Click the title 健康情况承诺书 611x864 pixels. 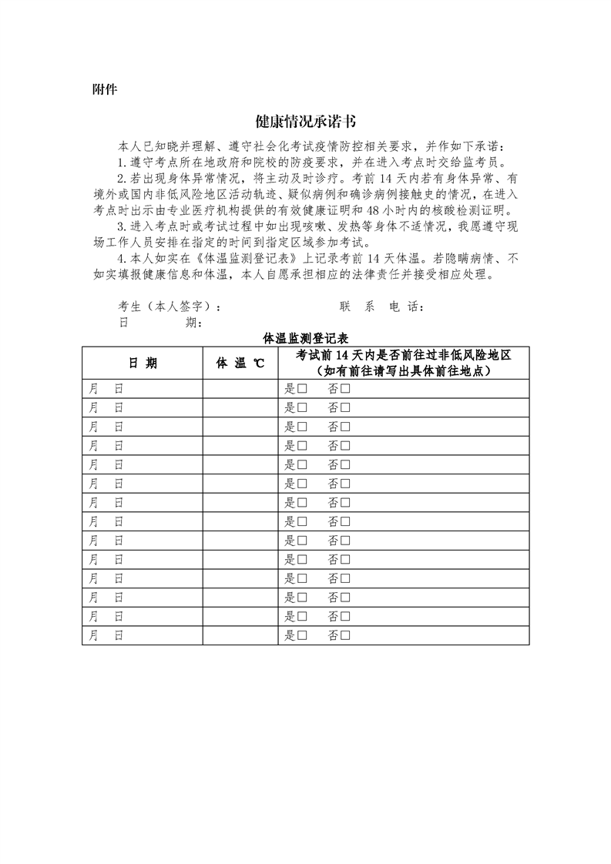tap(305, 122)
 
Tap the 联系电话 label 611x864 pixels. tap(381, 306)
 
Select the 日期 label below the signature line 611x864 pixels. tap(160, 323)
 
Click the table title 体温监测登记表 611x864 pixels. tap(305, 338)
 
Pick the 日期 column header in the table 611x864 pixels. tap(143, 363)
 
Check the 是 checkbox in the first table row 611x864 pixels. tap(303, 387)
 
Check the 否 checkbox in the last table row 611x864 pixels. tap(345, 636)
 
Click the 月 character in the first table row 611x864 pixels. tap(94, 387)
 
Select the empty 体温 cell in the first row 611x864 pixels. tap(240, 387)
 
